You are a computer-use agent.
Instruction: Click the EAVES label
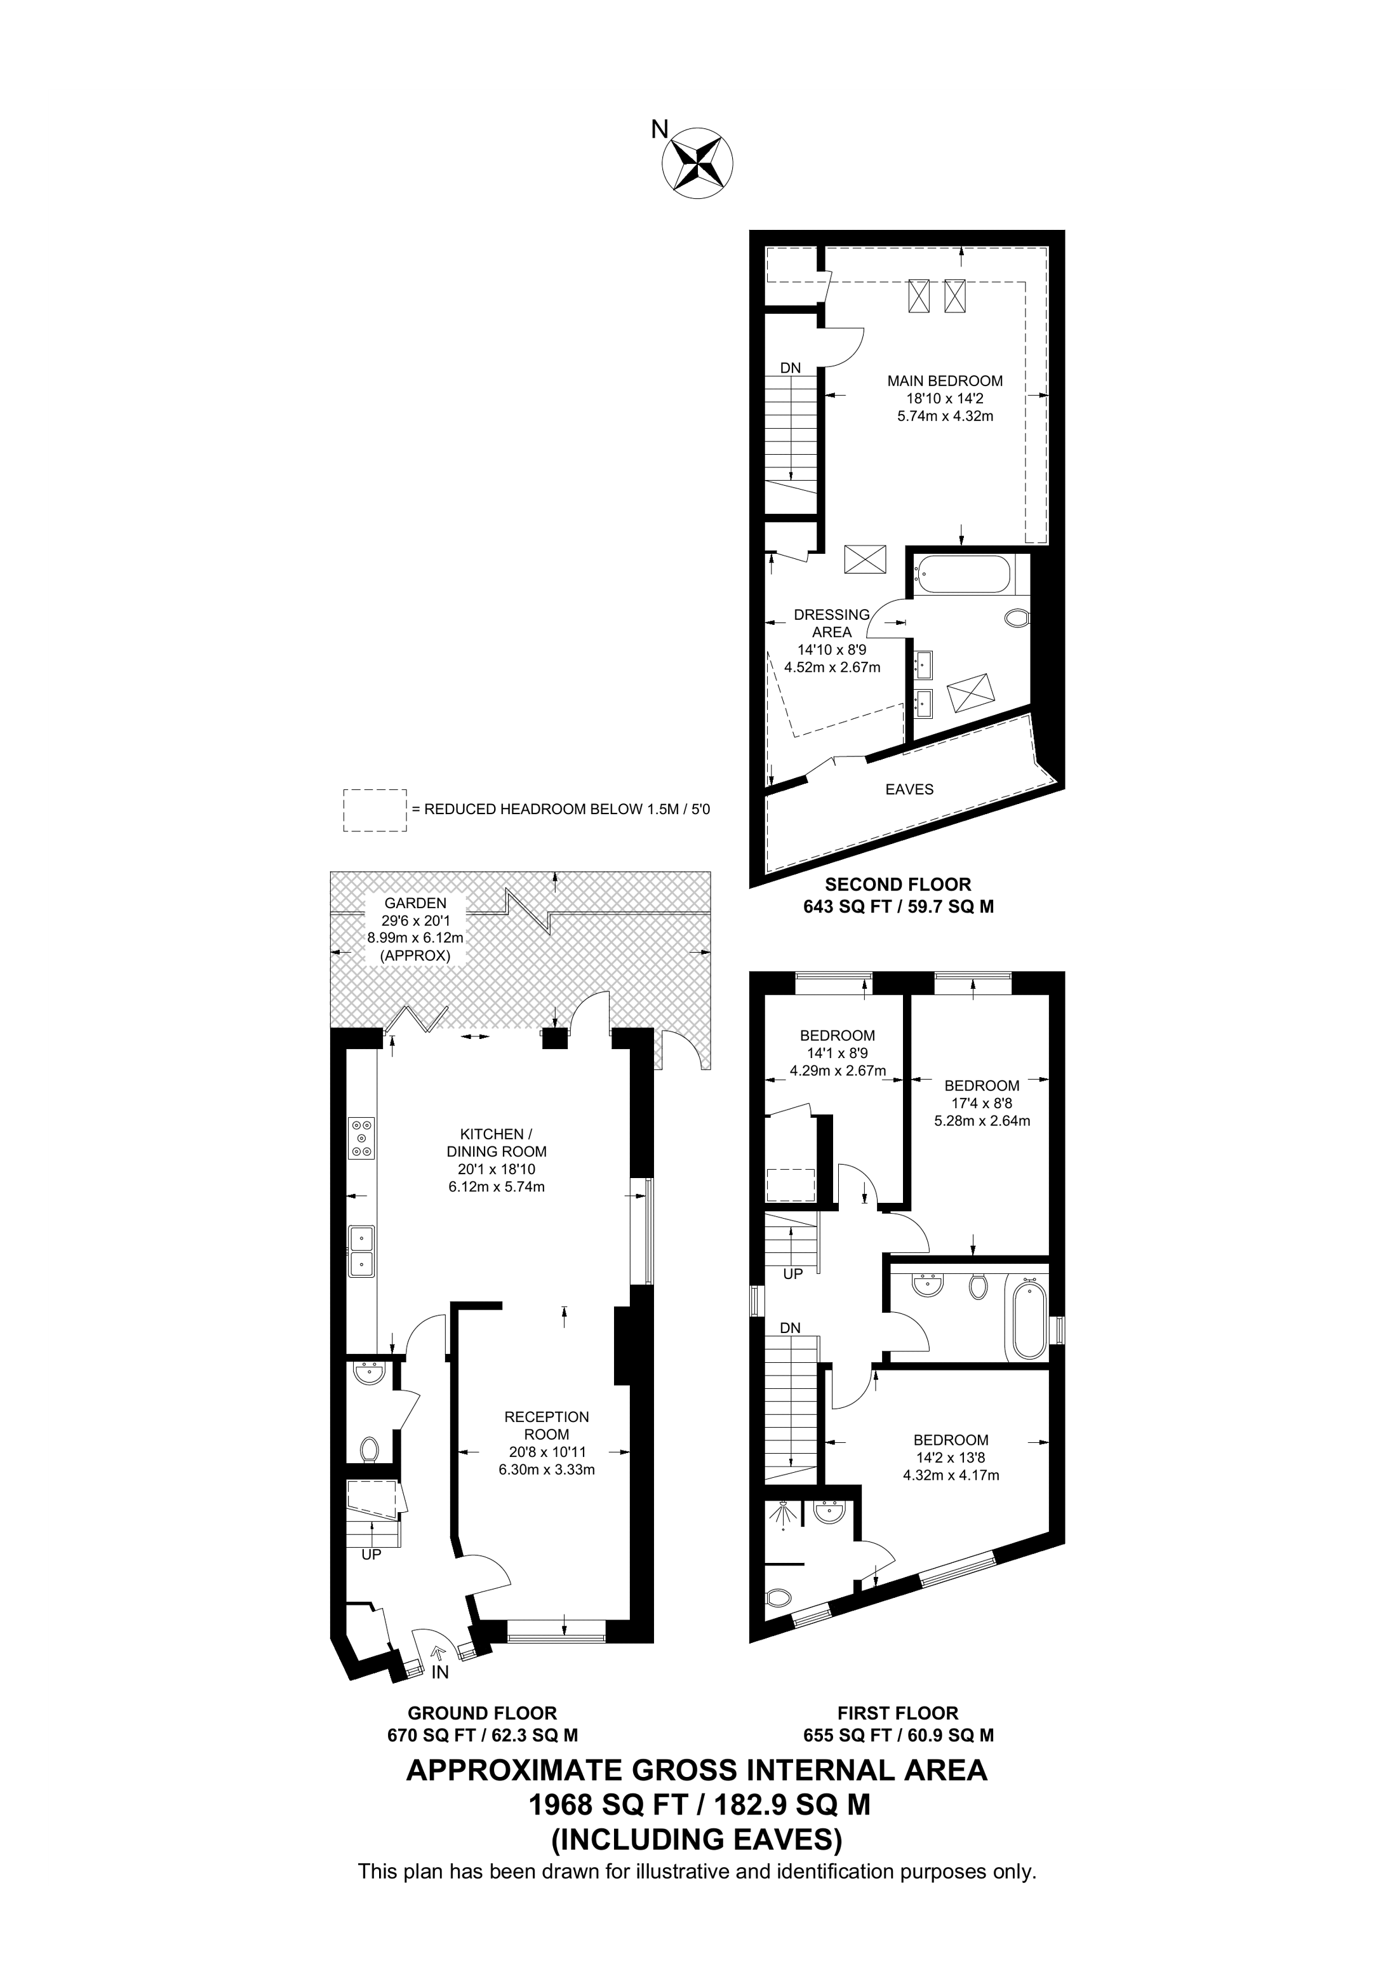coord(909,789)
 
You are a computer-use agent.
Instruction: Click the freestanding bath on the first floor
coord(1027,1321)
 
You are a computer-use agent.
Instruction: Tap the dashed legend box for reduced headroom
coord(375,809)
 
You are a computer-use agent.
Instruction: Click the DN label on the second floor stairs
coord(790,368)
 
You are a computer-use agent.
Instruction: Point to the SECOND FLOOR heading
coord(898,884)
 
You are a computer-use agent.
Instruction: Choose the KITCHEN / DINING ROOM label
coord(497,1143)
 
